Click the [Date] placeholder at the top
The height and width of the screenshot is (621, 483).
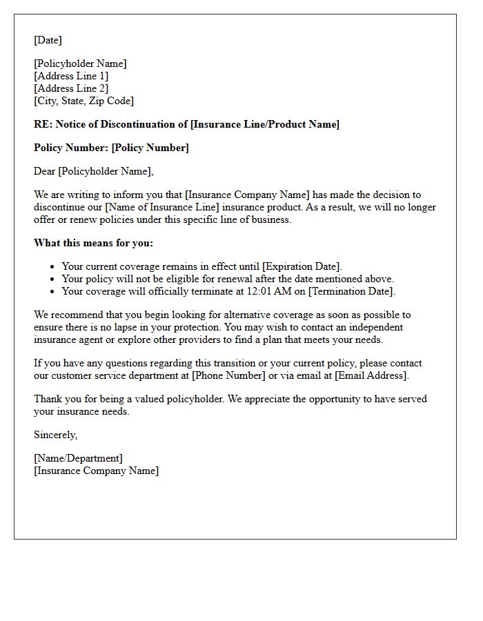point(48,40)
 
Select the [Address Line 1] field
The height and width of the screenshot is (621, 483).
point(71,76)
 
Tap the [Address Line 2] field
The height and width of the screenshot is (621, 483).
point(71,88)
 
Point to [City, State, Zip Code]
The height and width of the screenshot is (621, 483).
point(83,101)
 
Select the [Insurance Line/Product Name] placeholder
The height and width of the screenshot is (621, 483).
point(265,124)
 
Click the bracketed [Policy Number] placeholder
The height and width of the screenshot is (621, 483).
point(150,148)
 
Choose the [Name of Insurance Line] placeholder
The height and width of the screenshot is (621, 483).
point(162,207)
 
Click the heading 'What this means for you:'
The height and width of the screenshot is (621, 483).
point(93,243)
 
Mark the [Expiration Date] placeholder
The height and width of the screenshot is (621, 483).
point(302,266)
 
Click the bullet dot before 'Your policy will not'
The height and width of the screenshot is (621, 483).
point(52,279)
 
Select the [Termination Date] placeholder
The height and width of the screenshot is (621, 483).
point(351,291)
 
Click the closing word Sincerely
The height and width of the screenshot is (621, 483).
point(55,435)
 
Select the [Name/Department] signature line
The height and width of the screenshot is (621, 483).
point(78,458)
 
